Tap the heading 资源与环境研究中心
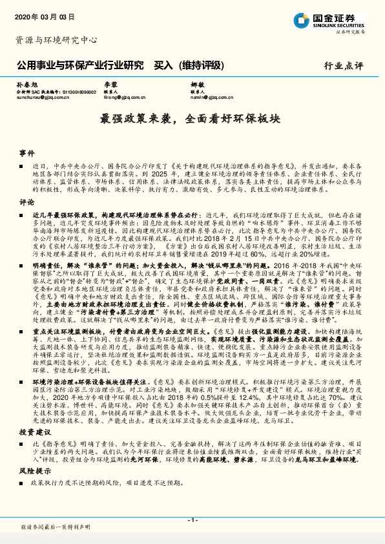coord(56,40)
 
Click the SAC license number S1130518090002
coord(79,92)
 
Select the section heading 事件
coord(26,154)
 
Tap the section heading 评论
coord(26,202)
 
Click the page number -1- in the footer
coord(192,519)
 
